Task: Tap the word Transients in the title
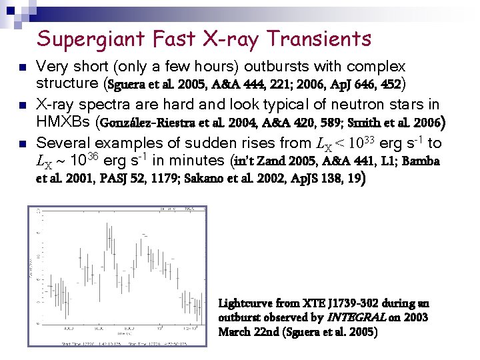[319, 39]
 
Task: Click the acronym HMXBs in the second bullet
[63, 123]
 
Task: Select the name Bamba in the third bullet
[421, 161]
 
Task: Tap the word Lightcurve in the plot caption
[245, 304]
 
